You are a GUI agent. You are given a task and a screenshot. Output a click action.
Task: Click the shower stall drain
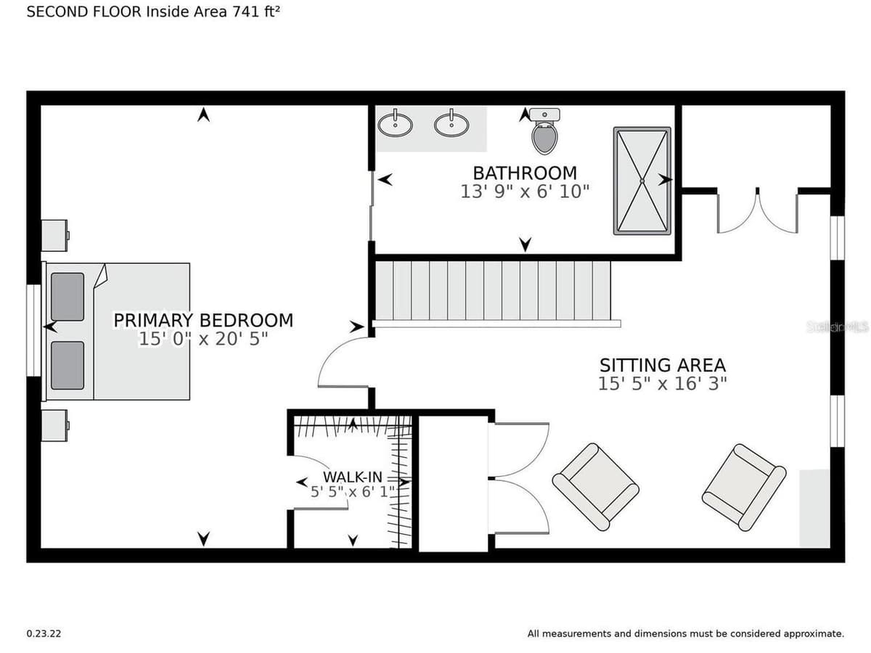[x=642, y=181]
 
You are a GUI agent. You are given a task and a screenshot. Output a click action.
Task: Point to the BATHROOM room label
[x=525, y=173]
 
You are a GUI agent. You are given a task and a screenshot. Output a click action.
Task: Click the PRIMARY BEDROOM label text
[x=203, y=321]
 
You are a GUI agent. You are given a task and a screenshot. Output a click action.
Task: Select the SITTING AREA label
[x=663, y=365]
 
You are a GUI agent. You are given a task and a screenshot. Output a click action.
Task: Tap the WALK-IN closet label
[x=352, y=477]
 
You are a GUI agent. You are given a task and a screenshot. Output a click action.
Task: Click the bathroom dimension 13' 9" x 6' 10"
[x=525, y=192]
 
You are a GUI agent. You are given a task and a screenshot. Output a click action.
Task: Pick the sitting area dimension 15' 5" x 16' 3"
[x=663, y=383]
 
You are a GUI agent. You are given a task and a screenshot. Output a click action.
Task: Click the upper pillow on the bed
[x=68, y=297]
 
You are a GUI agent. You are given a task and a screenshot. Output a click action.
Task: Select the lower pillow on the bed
[x=68, y=365]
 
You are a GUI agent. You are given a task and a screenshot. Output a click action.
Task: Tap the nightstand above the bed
[x=54, y=235]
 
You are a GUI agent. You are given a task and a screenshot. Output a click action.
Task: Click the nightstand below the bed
[x=54, y=425]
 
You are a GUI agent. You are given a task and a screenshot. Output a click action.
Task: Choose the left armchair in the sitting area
[x=595, y=487]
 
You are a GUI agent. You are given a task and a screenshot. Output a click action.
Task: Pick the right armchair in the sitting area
[x=744, y=487]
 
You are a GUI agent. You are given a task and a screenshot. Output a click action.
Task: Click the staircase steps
[x=492, y=290]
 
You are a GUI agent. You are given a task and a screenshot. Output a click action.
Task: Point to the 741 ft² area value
[x=256, y=12]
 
